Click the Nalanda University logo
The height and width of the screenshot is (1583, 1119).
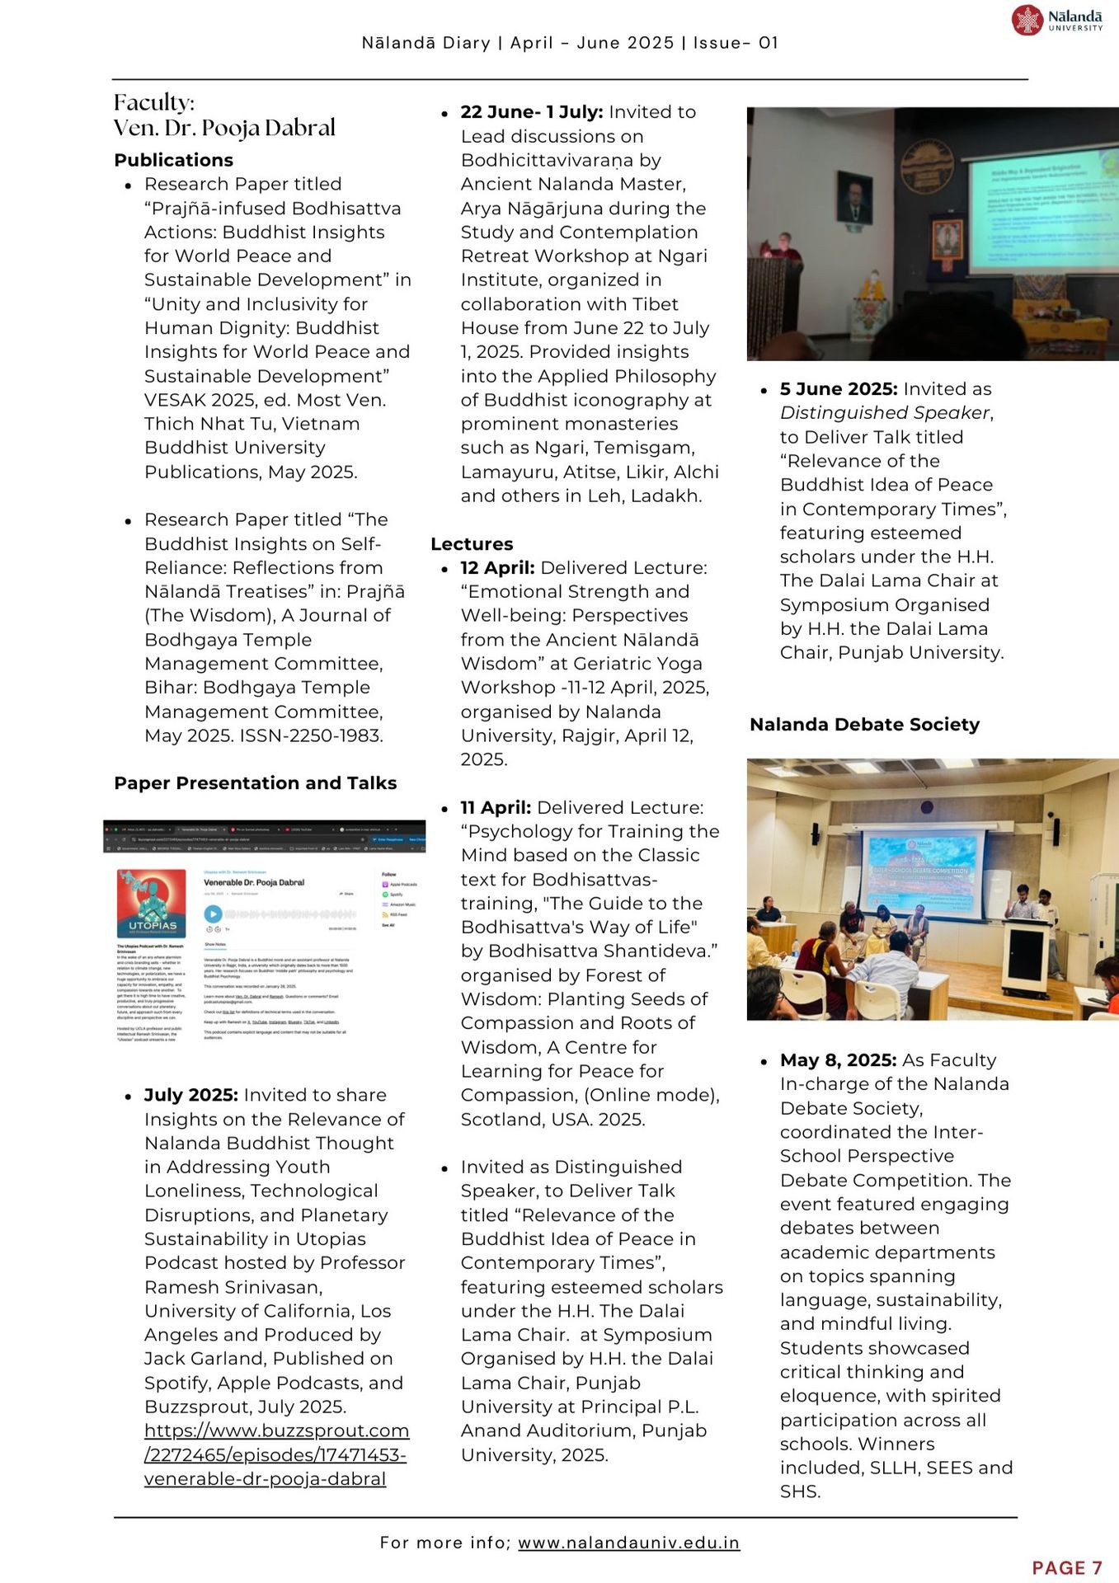click(1057, 20)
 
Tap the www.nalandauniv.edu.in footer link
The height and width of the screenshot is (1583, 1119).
click(628, 1542)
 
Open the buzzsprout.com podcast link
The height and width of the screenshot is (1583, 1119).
click(276, 1454)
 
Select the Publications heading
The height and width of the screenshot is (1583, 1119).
click(174, 160)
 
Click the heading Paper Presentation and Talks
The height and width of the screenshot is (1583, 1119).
click(256, 782)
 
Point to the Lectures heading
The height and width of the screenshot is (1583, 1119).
click(472, 544)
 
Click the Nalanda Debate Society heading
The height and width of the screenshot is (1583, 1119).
click(864, 724)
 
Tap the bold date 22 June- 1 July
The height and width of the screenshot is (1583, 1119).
click(532, 112)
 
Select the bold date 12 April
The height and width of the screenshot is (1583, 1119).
click(497, 568)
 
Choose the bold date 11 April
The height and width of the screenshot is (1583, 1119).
click(496, 807)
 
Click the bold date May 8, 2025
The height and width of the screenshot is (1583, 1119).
click(838, 1060)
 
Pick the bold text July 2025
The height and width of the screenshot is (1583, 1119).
click(191, 1095)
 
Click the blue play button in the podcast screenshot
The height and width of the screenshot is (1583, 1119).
click(213, 914)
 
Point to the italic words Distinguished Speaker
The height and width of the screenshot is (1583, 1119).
click(885, 413)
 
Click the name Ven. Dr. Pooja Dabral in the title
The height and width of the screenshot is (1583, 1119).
click(225, 128)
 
